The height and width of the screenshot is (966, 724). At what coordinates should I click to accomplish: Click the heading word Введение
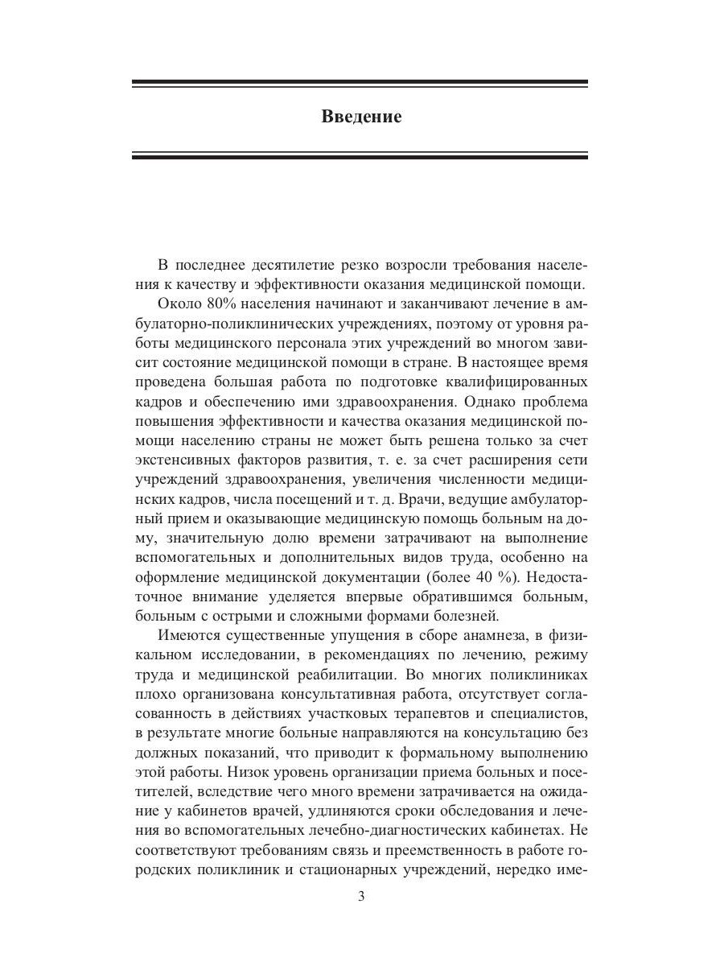361,117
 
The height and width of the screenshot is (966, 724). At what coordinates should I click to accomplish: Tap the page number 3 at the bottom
361,898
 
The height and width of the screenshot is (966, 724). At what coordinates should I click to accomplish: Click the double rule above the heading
360,84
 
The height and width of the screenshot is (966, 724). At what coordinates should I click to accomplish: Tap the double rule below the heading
360,155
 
